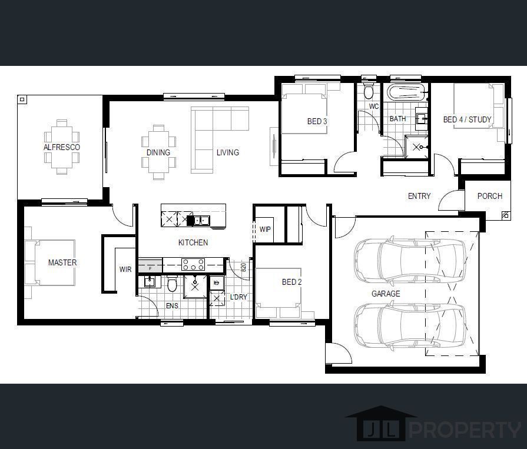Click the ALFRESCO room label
62,147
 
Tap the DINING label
158,152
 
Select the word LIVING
228,152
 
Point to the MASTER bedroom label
62,262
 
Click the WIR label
125,270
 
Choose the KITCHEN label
193,242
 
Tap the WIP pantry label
265,230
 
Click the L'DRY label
238,297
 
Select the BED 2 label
291,282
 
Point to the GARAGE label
386,294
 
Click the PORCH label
490,196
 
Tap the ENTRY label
419,196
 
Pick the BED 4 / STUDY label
468,119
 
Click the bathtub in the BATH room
406,92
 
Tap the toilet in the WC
369,91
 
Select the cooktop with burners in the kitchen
193,264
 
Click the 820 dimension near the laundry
244,267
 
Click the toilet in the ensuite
172,284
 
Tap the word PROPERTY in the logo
465,430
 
